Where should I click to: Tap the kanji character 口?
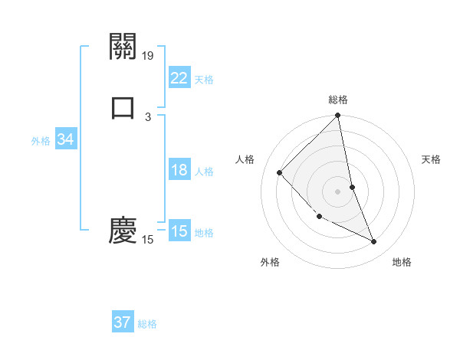tap(123, 108)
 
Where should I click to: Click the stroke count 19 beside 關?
tap(149, 55)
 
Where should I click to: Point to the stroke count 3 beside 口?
tap(148, 116)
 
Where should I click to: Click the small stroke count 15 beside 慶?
tap(148, 240)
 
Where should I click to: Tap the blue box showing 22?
tap(179, 78)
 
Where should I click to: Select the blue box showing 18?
tap(179, 170)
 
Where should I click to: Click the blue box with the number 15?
tap(179, 231)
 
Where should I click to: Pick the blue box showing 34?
tap(65, 139)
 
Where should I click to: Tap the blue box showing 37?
tap(123, 322)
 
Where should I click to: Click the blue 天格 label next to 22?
tap(204, 80)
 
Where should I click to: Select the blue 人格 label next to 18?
tap(204, 172)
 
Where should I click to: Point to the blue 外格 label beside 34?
tap(41, 141)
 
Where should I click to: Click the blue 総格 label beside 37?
tap(147, 324)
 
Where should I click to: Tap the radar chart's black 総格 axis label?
tap(338, 100)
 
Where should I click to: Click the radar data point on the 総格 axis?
tap(338, 116)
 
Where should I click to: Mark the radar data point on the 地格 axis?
tap(374, 242)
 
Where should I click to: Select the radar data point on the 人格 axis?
tap(280, 172)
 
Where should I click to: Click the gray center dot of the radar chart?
tap(338, 191)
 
